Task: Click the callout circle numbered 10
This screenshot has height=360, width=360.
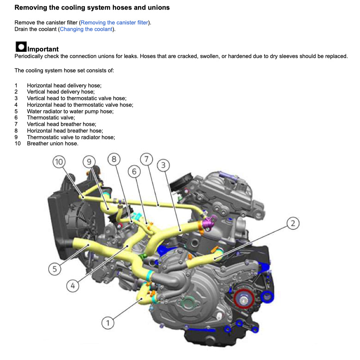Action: pos(59,162)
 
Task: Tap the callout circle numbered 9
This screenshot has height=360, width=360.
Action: pos(89,162)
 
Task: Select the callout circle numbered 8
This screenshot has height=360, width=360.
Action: pos(114,159)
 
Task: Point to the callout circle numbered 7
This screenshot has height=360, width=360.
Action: pos(146,159)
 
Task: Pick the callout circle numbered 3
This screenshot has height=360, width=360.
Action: pos(163,165)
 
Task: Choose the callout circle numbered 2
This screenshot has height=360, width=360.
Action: pos(293,223)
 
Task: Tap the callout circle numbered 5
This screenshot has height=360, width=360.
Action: pos(55,269)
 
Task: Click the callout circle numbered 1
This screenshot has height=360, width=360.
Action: pos(108,323)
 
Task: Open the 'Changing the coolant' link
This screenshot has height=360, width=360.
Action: pos(86,29)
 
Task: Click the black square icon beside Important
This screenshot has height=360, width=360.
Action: pos(21,47)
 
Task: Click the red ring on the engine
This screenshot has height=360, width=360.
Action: pos(243,297)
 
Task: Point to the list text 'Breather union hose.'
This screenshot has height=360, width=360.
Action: pos(53,144)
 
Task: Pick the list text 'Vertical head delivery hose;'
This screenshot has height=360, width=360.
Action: pos(60,92)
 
